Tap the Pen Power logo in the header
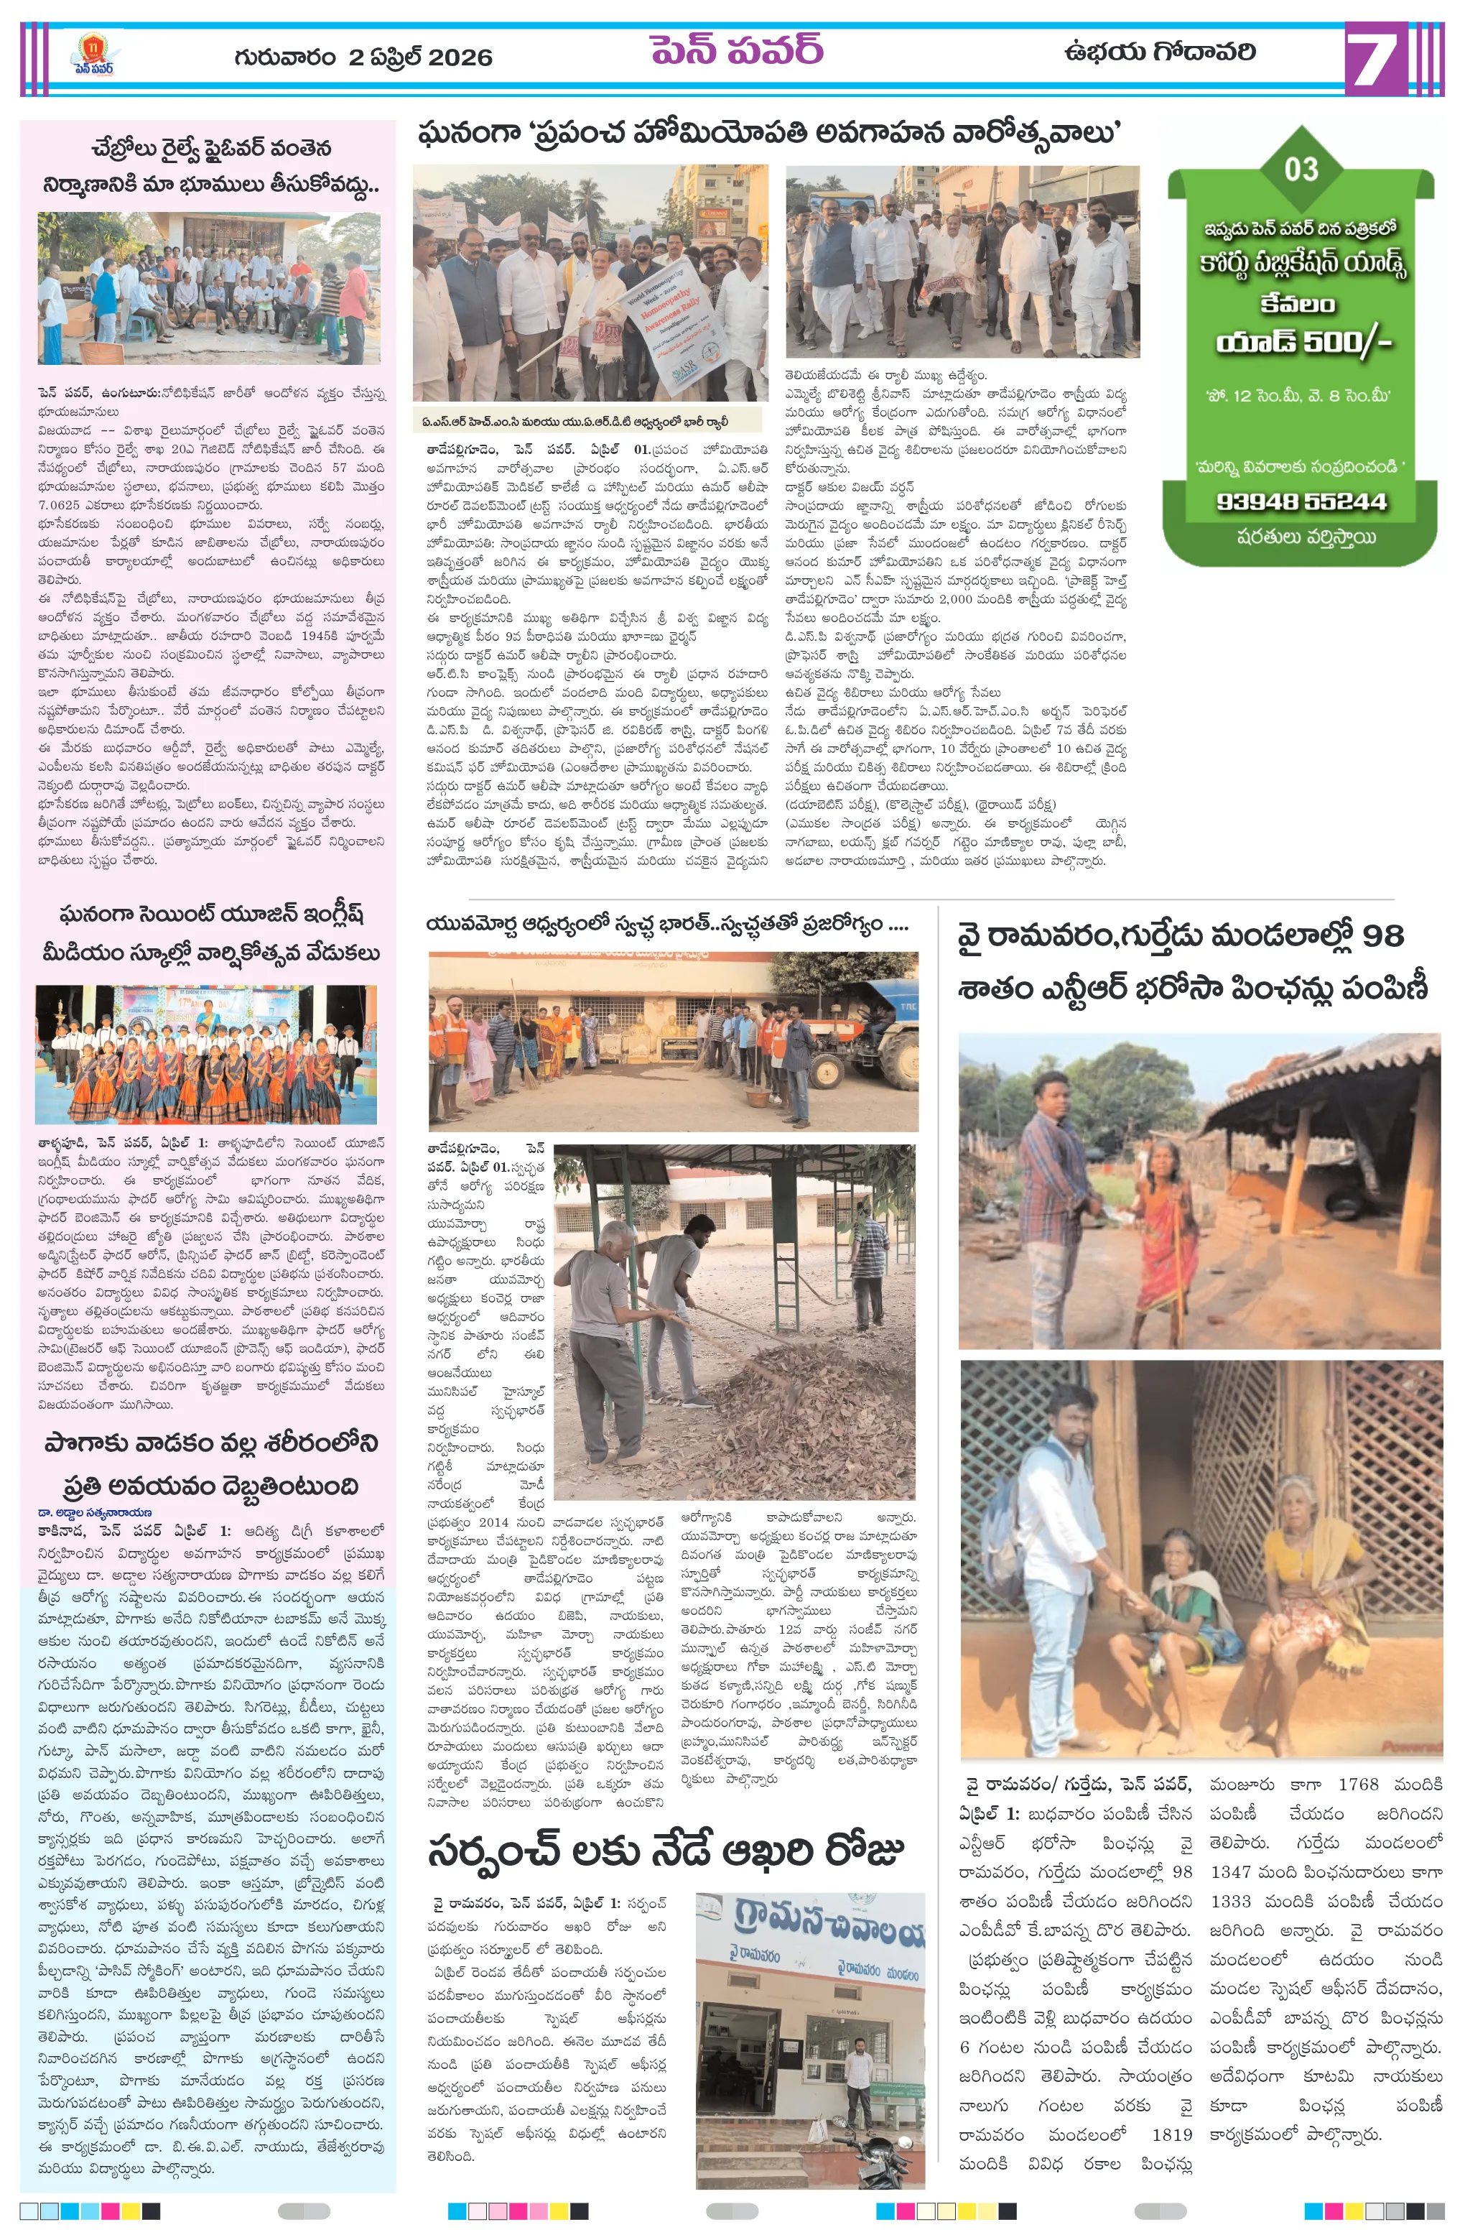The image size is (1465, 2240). pos(94,55)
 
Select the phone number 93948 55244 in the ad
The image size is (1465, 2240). pos(1301,501)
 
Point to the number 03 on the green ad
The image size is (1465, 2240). pos(1301,170)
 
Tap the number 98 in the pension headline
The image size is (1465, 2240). pos(1382,935)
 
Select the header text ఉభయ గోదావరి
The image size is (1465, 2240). pos(1159,52)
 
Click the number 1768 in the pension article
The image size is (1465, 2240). pos(1358,1785)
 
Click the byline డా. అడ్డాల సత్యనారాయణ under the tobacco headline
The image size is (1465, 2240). pos(95,1512)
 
